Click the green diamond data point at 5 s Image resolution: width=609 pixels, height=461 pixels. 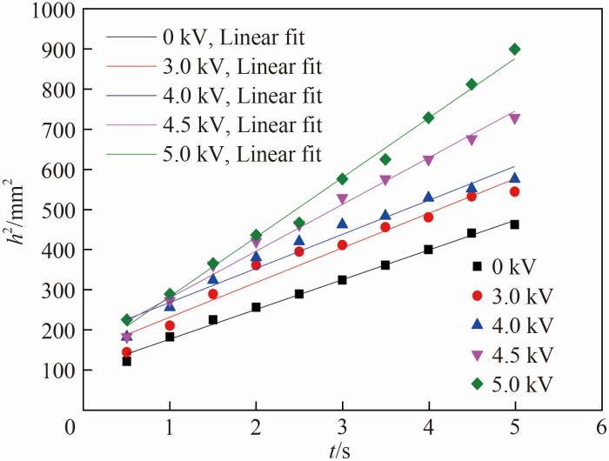pyautogui.click(x=514, y=49)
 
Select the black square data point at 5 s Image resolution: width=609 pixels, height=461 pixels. pyautogui.click(x=514, y=224)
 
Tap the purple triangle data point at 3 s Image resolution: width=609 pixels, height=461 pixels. pyautogui.click(x=342, y=199)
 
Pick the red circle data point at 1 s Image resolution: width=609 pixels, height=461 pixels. pyautogui.click(x=170, y=325)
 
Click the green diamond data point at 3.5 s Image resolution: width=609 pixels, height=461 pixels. pyautogui.click(x=385, y=159)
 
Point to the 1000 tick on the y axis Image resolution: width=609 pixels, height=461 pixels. pyautogui.click(x=84, y=9)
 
